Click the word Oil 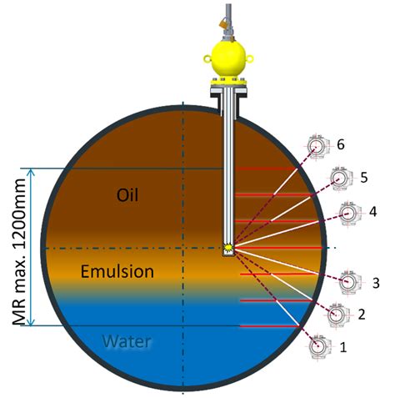click(127, 195)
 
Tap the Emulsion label click(117, 271)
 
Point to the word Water click(127, 341)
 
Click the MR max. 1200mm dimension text click(19, 252)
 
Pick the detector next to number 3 click(350, 282)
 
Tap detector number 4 click(349, 214)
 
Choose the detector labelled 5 click(341, 179)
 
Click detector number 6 click(317, 148)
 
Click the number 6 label click(341, 144)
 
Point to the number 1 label click(343, 347)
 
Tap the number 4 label click(372, 212)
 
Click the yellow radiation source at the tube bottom click(228, 248)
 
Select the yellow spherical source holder click(228, 60)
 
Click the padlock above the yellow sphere click(223, 23)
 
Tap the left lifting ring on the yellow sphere click(207, 58)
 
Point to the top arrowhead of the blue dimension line click(31, 172)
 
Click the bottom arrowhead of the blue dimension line click(31, 322)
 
